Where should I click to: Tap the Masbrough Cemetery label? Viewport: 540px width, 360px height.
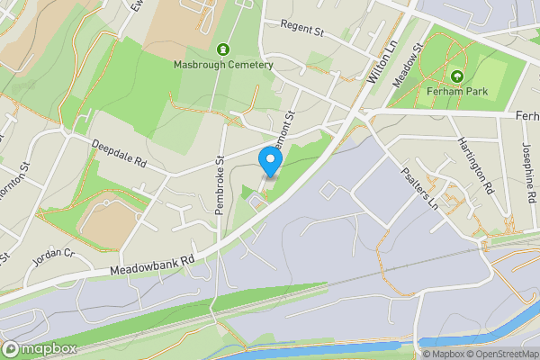pos(223,65)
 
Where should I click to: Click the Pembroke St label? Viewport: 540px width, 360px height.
pos(220,184)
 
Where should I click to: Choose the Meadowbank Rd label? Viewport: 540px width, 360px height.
pos(152,263)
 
